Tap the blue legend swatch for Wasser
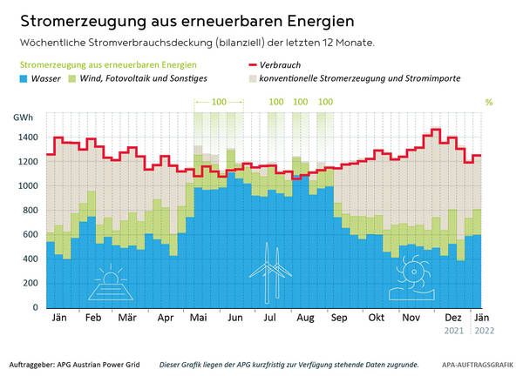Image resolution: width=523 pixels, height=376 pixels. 25,78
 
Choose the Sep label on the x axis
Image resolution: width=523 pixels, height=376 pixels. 339,319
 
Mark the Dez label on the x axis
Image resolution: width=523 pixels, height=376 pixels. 452,319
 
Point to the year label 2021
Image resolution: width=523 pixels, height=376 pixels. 452,331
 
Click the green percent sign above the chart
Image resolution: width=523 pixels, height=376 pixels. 489,102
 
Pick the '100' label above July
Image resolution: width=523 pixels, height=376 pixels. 276,102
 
